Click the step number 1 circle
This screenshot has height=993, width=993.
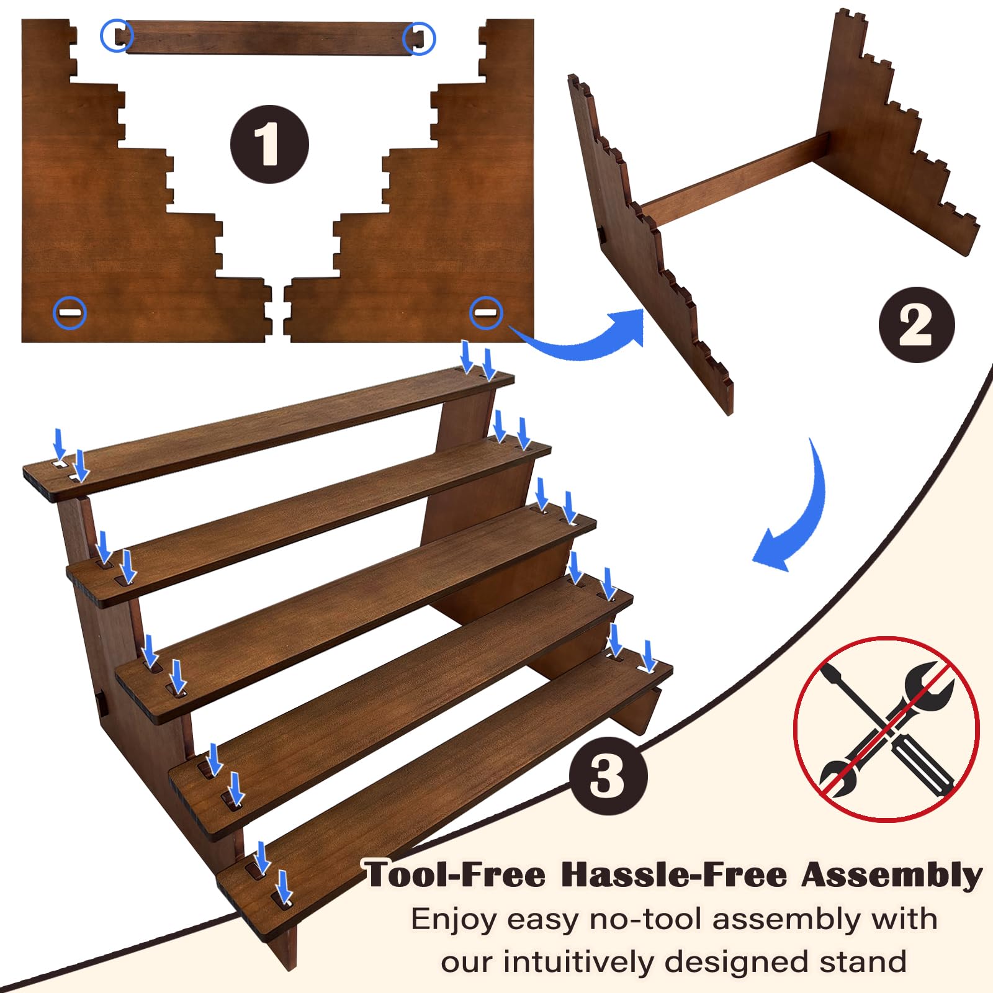point(269,144)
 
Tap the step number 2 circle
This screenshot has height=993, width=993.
point(917,325)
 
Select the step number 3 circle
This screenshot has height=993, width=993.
point(608,776)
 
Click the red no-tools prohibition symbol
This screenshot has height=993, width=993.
point(886,729)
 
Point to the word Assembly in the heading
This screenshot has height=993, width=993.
point(892,875)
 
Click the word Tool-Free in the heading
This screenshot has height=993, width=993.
point(455,874)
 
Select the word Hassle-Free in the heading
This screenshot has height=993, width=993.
point(675,874)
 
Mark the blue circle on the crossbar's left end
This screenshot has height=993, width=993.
point(116,36)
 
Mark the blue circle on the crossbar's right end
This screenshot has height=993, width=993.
point(419,38)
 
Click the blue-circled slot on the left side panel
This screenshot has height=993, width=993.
point(70,313)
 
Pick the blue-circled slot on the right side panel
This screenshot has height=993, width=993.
point(486,312)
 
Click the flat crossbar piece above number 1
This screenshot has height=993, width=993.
point(268,38)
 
